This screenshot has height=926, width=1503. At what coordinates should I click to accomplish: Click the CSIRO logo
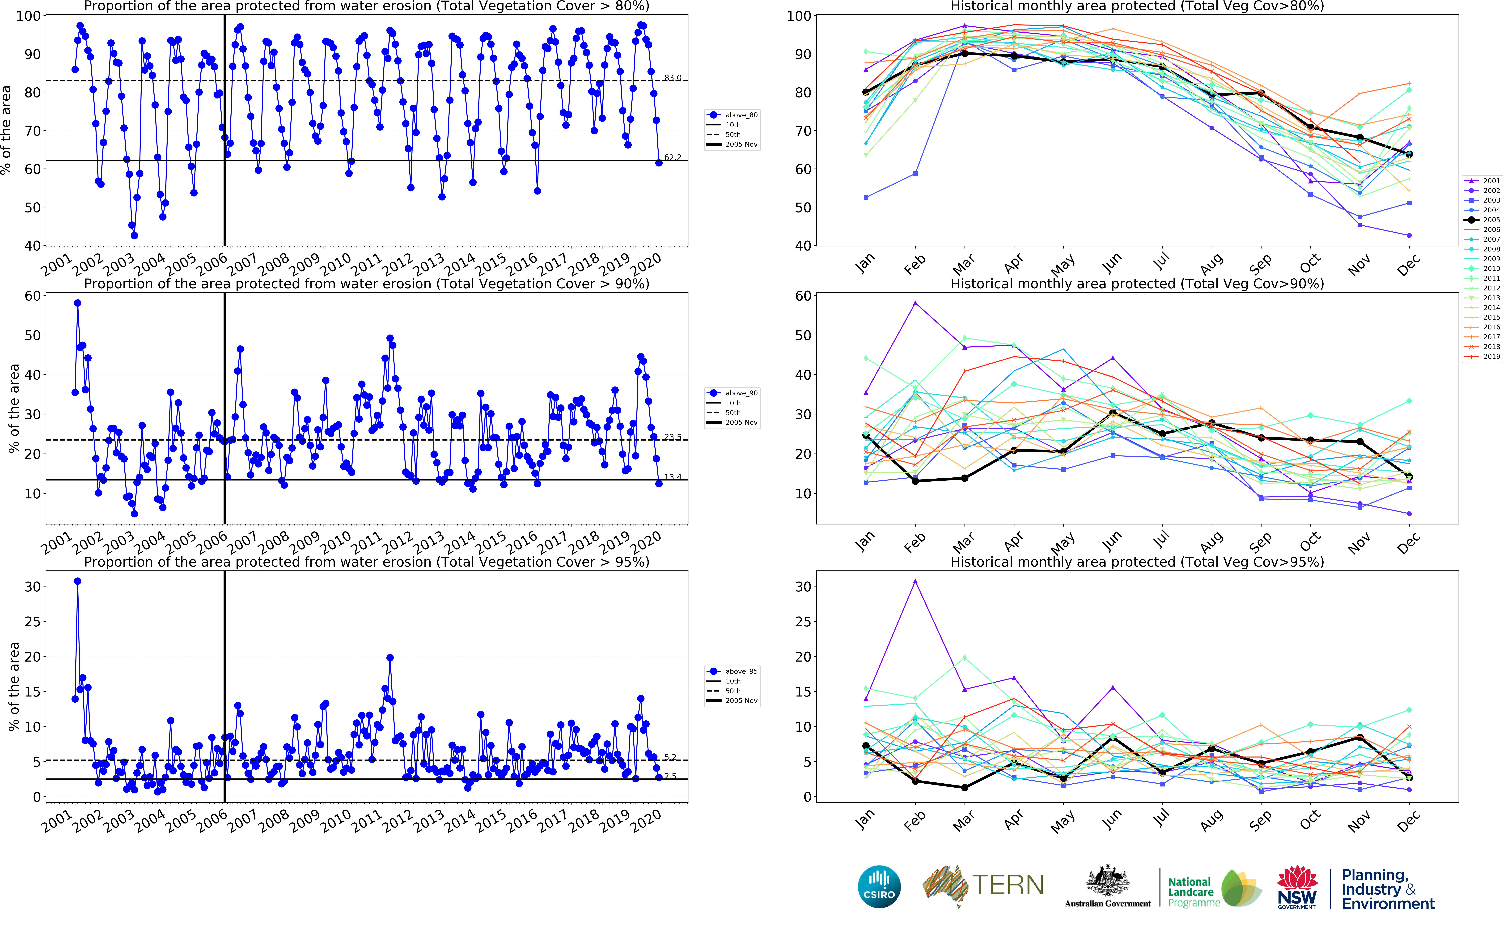(879, 887)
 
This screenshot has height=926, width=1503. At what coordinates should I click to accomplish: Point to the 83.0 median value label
(672, 78)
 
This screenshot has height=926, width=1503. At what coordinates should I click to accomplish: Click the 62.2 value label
(672, 157)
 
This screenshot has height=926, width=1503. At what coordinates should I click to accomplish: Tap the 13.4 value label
(672, 477)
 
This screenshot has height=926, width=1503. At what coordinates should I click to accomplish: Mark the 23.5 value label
(672, 437)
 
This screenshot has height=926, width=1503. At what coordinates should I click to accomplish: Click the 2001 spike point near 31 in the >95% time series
(78, 581)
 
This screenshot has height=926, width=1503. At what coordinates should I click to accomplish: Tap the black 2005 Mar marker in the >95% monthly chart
(965, 788)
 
